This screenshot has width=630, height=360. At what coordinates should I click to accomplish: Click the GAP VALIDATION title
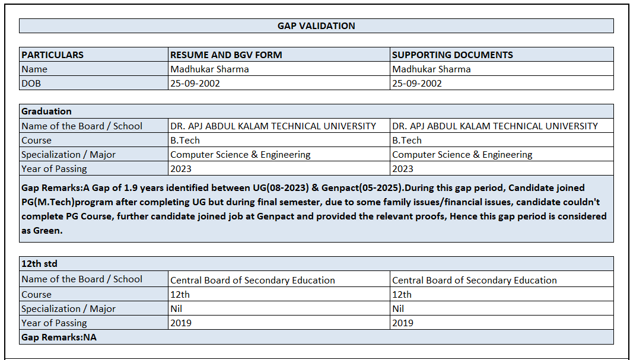pos(316,26)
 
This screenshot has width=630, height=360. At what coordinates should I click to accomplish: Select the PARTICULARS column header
pos(53,55)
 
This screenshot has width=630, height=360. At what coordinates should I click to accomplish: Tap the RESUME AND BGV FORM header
pos(226,55)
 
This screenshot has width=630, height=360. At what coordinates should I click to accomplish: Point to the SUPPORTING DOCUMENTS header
pos(453,55)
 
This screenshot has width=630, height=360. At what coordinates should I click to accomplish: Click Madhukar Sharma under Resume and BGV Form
pos(209,69)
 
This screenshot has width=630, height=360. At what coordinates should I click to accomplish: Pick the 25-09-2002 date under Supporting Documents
pos(417,83)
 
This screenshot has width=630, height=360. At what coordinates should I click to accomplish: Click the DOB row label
pos(31,83)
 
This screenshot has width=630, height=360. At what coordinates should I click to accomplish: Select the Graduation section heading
pos(46,111)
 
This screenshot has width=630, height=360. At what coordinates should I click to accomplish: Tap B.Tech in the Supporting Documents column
pos(407,140)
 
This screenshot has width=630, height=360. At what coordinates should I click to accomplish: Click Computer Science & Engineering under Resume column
pos(240,154)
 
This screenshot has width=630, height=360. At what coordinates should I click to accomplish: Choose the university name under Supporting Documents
pos(495,126)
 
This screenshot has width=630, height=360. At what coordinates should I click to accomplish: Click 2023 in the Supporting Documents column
pos(402,168)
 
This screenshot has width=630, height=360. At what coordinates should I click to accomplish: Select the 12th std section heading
pos(39,263)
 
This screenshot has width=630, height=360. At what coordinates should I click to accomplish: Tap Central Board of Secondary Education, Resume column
pos(253,280)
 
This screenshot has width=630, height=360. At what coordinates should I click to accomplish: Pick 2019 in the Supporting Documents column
pos(403,323)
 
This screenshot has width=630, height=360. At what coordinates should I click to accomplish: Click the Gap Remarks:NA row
pos(59,337)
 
